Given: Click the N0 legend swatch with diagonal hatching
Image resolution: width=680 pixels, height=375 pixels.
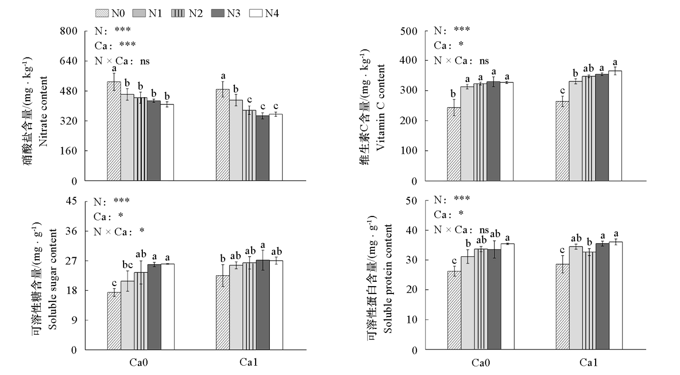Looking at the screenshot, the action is tap(102, 13).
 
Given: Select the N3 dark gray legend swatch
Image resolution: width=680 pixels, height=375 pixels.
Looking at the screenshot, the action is tap(218, 13).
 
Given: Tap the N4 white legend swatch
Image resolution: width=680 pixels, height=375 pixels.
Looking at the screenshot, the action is tap(256, 13).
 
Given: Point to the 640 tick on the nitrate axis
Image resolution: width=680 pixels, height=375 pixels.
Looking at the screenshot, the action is tap(69, 61).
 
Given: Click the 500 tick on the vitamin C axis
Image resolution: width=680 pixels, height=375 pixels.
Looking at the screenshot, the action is tap(409, 31).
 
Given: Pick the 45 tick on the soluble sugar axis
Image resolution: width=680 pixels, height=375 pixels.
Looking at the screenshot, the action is tap(72, 201).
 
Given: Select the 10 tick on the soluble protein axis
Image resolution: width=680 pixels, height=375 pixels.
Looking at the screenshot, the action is tap(412, 320).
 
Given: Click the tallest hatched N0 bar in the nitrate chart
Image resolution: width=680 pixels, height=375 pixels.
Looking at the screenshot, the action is tap(114, 131).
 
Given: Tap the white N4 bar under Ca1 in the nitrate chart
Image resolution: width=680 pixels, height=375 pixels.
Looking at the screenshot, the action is tap(276, 148).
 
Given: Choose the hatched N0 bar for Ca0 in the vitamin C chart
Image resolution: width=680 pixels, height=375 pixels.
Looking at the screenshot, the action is tap(454, 144).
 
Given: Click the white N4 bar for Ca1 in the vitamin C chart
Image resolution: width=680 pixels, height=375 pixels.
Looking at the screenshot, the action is tap(615, 126).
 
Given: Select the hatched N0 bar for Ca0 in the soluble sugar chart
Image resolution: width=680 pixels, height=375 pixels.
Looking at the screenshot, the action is tap(114, 321).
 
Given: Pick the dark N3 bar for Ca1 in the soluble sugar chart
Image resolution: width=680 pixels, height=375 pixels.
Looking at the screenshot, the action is tap(262, 305).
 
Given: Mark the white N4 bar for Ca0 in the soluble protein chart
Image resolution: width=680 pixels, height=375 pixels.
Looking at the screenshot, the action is tap(508, 296).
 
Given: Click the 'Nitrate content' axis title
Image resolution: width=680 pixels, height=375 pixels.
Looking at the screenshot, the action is tap(44, 111).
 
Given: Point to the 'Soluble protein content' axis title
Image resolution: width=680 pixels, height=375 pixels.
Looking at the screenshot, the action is tap(388, 279).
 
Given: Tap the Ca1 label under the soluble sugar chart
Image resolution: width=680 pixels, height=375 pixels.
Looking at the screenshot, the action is tap(248, 362).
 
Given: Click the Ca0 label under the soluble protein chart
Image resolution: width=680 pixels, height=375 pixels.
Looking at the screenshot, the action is tap(480, 363).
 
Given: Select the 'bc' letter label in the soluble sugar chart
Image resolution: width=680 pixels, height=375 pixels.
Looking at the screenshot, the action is tap(128, 265).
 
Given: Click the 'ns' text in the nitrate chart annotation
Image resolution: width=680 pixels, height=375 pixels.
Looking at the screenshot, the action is tap(145, 61).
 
